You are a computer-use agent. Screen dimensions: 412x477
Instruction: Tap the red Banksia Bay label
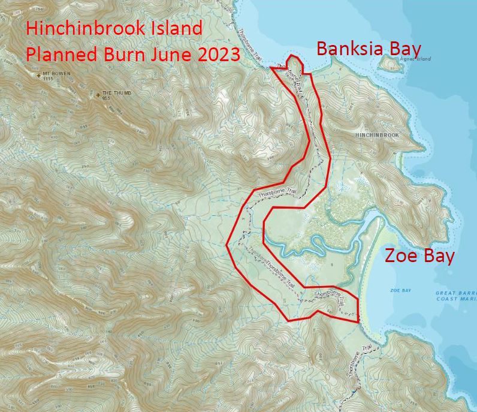click(369, 49)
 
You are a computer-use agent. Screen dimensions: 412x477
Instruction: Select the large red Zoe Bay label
click(419, 256)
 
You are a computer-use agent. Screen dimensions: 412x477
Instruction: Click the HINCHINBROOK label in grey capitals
click(377, 136)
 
